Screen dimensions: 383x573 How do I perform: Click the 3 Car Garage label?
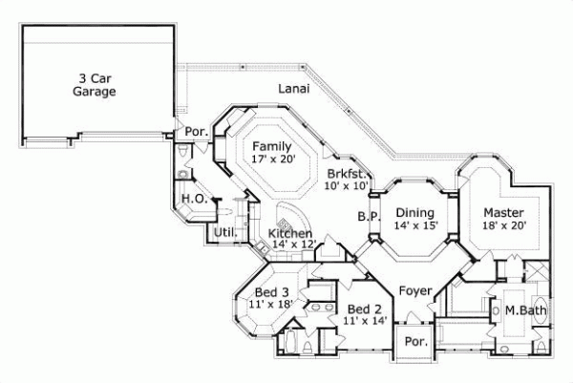pyautogui.click(x=94, y=85)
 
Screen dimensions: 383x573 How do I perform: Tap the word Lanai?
pyautogui.click(x=292, y=88)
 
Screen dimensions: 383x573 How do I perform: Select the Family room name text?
pyautogui.click(x=272, y=146)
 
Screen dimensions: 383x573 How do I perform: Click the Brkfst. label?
pyautogui.click(x=344, y=174)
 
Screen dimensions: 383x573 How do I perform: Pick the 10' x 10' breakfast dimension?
pyautogui.click(x=344, y=186)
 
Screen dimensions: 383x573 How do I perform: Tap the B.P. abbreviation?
pyautogui.click(x=370, y=216)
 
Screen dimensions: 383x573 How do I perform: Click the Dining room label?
pyautogui.click(x=415, y=212)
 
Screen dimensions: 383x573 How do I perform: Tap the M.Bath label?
pyautogui.click(x=524, y=309)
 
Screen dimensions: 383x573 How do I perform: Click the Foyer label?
pyautogui.click(x=415, y=290)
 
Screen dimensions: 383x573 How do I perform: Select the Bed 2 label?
pyautogui.click(x=365, y=309)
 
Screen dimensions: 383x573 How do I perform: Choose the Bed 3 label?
pyautogui.click(x=272, y=291)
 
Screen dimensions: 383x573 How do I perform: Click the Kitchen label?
pyautogui.click(x=288, y=233)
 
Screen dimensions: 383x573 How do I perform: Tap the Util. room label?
pyautogui.click(x=224, y=232)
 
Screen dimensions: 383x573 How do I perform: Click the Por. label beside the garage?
pyautogui.click(x=197, y=131)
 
